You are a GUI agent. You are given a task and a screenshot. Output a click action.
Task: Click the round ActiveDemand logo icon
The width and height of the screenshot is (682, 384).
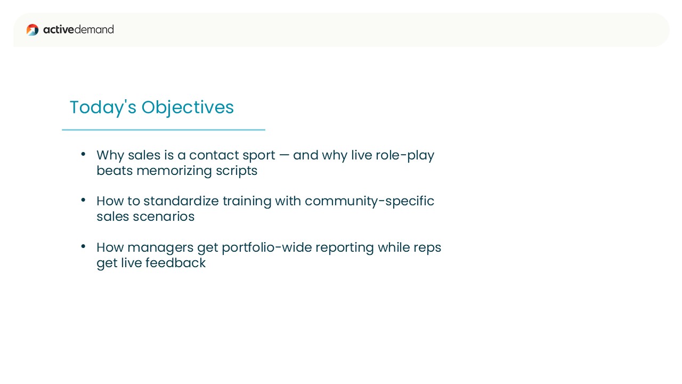click(x=33, y=30)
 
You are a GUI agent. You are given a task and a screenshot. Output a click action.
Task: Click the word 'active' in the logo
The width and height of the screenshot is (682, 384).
click(x=59, y=29)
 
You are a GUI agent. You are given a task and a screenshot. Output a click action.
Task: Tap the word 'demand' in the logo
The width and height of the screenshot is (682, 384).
click(x=94, y=29)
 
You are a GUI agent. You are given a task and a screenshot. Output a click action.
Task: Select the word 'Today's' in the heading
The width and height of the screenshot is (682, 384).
click(x=103, y=107)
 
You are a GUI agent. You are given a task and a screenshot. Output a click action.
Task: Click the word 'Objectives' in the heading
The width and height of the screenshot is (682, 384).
click(x=188, y=107)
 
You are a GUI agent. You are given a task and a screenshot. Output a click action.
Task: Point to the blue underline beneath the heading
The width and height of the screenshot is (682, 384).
click(x=164, y=130)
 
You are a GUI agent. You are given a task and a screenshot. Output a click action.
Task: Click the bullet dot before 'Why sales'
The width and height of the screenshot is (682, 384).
click(x=83, y=154)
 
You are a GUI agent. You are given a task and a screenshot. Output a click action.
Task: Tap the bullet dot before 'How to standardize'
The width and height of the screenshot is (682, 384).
click(x=83, y=200)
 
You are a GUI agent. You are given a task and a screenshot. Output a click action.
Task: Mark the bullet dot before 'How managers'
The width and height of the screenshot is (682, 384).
click(x=83, y=246)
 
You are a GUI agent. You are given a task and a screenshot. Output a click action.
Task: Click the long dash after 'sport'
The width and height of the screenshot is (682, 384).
click(x=284, y=155)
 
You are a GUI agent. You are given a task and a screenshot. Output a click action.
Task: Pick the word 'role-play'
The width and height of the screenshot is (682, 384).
click(x=405, y=156)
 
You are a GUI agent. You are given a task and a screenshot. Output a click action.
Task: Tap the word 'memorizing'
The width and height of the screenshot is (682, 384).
click(x=174, y=171)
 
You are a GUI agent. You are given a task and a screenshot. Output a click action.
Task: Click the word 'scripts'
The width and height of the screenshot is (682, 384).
click(x=237, y=171)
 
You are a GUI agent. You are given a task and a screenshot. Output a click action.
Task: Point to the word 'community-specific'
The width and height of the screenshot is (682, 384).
click(x=369, y=202)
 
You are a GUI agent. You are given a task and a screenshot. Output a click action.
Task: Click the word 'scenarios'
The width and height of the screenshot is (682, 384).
click(x=164, y=217)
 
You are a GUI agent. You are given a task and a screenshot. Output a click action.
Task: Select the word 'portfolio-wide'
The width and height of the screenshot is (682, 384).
click(x=267, y=248)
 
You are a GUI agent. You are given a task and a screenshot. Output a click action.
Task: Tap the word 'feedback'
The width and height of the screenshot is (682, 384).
click(x=175, y=263)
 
